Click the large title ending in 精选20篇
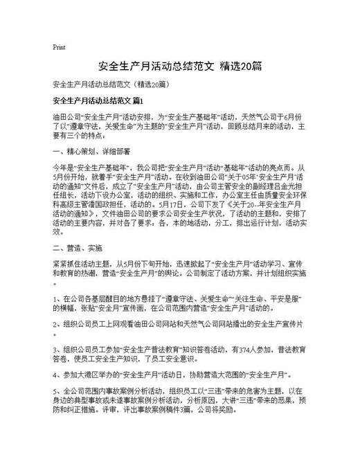coord(179,66)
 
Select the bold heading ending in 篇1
coord(102,101)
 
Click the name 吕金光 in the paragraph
coord(278,195)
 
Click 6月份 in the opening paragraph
coord(291,117)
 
